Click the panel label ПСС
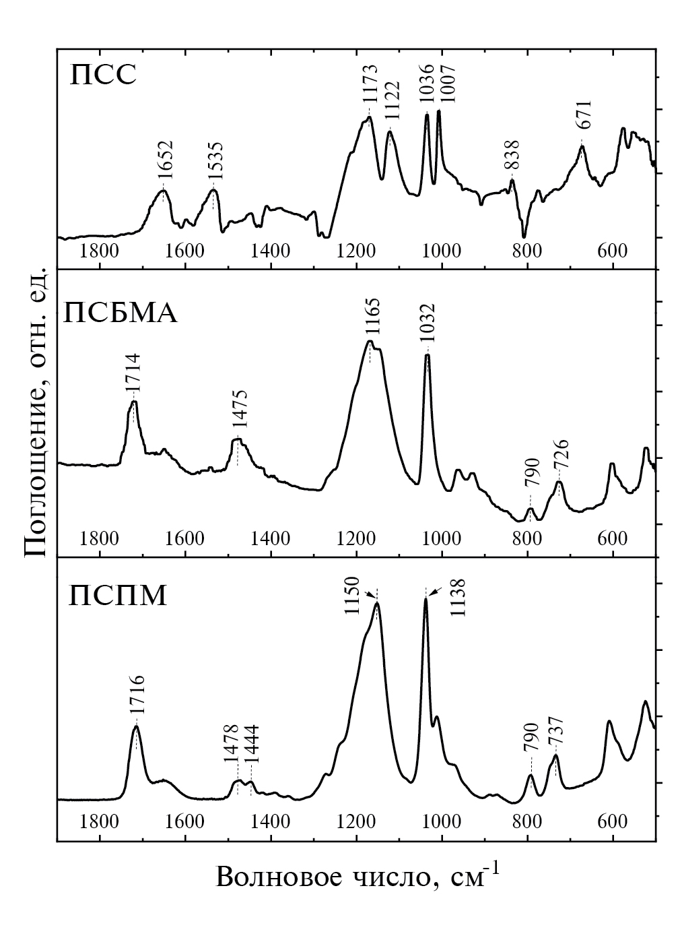[104, 73]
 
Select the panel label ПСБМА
[121, 313]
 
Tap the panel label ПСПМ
[118, 595]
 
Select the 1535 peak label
[216, 160]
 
